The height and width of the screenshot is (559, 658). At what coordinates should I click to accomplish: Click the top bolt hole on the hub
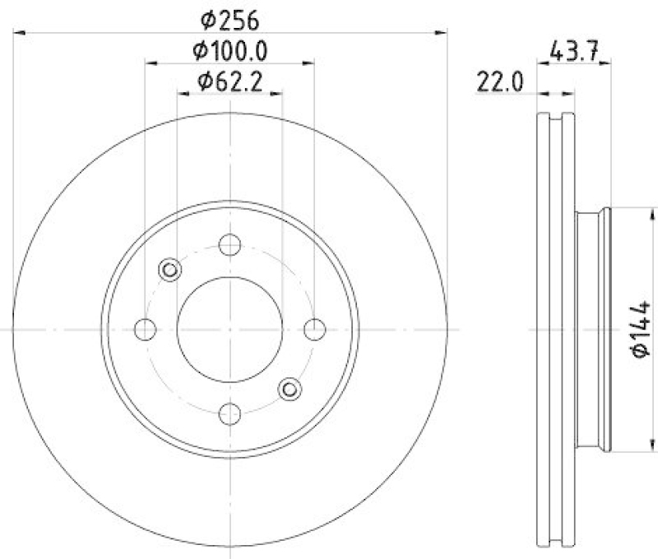coord(230,244)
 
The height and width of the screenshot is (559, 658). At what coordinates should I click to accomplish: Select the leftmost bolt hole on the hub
coord(146,329)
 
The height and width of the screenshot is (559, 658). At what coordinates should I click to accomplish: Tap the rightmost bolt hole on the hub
coord(315,329)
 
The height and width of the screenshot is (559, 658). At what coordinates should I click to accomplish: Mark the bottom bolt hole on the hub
coord(230,413)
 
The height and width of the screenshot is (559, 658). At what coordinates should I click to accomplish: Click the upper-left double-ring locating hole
coord(170,269)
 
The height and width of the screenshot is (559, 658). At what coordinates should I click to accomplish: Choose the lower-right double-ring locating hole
coord(290,389)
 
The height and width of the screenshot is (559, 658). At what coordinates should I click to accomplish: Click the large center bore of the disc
coord(230,329)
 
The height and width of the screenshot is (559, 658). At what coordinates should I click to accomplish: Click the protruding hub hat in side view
coord(592,329)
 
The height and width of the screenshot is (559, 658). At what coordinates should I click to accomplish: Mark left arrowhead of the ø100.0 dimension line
coord(151,62)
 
